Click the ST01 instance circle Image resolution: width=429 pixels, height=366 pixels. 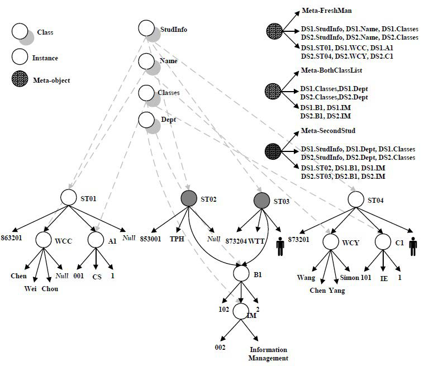click(68, 197)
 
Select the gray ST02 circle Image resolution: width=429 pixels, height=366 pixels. click(189, 198)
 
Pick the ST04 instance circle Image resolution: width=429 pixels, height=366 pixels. click(356, 198)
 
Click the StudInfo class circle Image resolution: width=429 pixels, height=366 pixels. click(146, 28)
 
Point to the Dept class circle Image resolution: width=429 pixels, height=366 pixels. click(146, 120)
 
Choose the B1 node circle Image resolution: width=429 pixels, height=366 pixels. click(241, 273)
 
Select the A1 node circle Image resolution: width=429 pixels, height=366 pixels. click(96, 240)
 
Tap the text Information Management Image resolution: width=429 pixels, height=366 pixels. click(269, 354)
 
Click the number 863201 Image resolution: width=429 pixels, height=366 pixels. click(12, 229)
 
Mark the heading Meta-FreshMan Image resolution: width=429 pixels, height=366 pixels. click(326, 11)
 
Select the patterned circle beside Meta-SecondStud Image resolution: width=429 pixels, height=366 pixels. click(274, 150)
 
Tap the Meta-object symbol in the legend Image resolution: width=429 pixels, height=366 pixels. click(21, 80)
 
